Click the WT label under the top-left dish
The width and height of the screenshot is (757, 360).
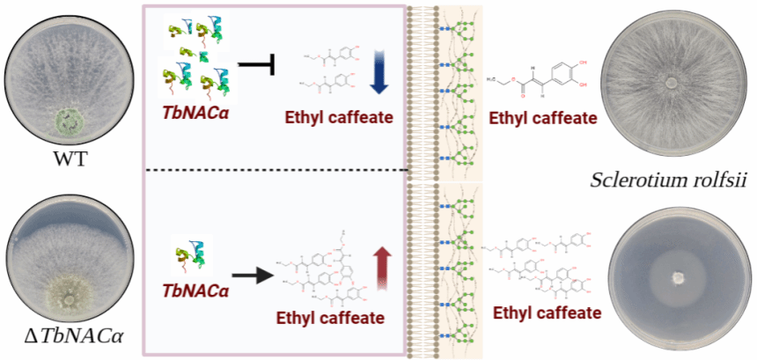pos(70,158)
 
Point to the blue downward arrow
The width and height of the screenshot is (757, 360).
pos(379,73)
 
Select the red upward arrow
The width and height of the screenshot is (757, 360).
pos(382,268)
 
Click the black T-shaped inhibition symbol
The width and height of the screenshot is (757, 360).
pos(257,64)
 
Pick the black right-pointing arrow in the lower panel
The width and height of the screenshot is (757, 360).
pos(250,276)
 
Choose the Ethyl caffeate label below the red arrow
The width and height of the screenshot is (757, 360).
pos(331,318)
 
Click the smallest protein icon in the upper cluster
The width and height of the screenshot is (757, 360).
pos(192,53)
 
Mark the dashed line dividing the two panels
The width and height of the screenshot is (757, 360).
pos(276,170)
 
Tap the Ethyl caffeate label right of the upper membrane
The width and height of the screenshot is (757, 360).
pos(543,118)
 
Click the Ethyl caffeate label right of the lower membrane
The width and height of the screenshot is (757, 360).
pos(547,313)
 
